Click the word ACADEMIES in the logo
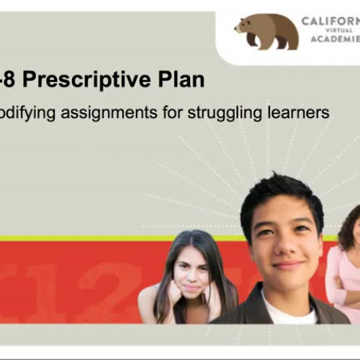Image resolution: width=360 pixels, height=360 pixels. click(334, 40)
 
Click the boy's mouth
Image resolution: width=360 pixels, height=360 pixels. click(288, 264)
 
